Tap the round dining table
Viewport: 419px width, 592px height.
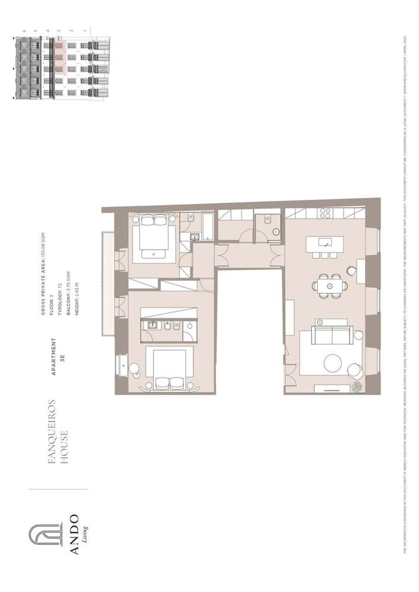[x=328, y=285]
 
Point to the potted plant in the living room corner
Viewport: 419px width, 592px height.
[x=357, y=386]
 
